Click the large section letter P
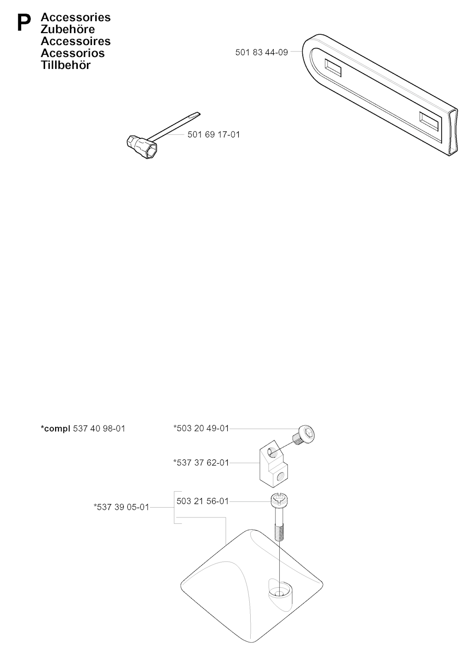click(24, 23)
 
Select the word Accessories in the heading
click(76, 17)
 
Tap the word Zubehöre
click(68, 29)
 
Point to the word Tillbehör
click(66, 65)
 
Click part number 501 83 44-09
click(261, 52)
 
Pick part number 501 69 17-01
click(213, 135)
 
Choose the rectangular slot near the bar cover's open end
click(429, 121)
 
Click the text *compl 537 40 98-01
click(83, 428)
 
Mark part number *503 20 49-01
click(201, 428)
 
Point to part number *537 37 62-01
click(201, 463)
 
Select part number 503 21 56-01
click(202, 501)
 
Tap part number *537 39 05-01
click(121, 507)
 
